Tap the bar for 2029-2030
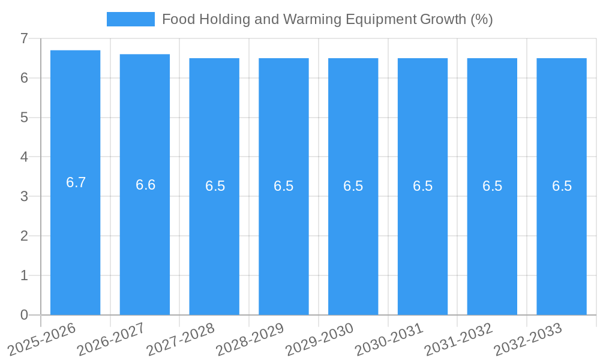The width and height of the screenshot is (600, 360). click(353, 240)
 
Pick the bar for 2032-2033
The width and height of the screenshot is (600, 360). click(562, 240)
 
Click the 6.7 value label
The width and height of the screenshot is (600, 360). click(76, 183)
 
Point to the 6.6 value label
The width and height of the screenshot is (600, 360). click(145, 185)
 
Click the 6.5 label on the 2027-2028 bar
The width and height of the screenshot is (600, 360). click(215, 186)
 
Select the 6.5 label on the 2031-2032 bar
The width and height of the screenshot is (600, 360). click(492, 186)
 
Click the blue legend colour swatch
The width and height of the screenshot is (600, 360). click(130, 19)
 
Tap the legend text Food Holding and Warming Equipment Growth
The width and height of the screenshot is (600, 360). click(327, 19)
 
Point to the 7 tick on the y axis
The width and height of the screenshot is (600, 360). click(24, 38)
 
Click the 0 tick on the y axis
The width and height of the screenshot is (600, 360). click(24, 315)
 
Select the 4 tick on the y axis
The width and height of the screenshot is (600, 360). click(24, 157)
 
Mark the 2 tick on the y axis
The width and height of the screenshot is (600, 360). click(24, 236)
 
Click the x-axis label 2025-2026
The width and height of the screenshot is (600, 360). click(43, 338)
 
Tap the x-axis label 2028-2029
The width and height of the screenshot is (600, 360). click(251, 338)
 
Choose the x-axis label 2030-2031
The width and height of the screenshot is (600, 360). click(390, 338)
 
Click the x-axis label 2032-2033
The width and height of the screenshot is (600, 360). click(529, 338)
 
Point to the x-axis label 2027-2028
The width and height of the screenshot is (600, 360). click(181, 338)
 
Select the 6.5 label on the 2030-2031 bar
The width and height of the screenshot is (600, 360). click(422, 186)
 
